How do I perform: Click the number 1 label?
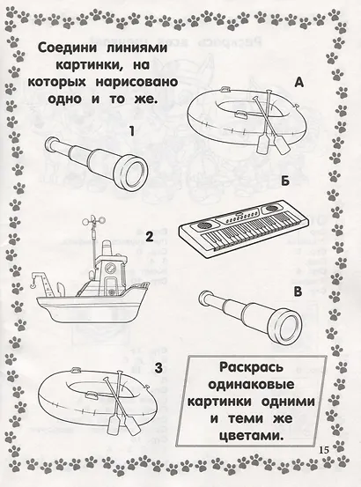point(132,131)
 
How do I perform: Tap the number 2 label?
point(149,237)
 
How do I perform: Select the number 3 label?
point(158,368)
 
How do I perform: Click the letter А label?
point(298,82)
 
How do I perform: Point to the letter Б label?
point(285,181)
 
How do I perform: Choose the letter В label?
point(298,291)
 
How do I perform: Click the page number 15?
point(323,450)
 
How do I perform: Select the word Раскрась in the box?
point(252,367)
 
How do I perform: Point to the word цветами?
point(252,436)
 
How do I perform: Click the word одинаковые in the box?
point(251,385)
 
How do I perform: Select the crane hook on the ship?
point(31,284)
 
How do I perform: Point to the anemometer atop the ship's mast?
point(92,220)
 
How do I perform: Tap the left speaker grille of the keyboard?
point(202,225)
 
